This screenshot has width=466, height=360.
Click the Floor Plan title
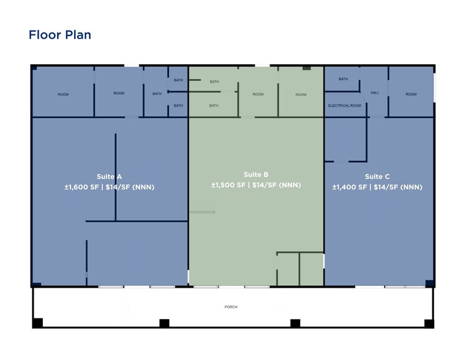(x=60, y=35)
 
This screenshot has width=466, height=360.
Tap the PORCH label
(x=231, y=307)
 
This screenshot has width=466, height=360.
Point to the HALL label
(x=375, y=92)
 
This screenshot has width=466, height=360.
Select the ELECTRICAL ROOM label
(x=344, y=105)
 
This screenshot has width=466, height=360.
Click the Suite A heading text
(x=109, y=177)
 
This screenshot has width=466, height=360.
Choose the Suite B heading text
(x=256, y=174)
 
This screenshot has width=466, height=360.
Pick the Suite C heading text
(x=377, y=177)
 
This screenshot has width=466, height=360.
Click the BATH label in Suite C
(x=344, y=79)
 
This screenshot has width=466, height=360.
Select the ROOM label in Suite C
(x=411, y=94)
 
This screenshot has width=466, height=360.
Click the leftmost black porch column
(x=37, y=323)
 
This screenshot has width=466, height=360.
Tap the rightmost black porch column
(x=429, y=323)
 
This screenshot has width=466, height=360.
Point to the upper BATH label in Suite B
(x=214, y=81)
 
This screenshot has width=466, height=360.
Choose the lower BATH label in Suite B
(x=213, y=105)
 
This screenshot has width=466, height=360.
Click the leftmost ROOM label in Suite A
(x=63, y=94)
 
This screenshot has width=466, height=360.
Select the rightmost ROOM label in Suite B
(x=301, y=95)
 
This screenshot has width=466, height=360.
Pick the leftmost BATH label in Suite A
(x=157, y=94)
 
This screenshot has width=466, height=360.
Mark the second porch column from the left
(x=164, y=323)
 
